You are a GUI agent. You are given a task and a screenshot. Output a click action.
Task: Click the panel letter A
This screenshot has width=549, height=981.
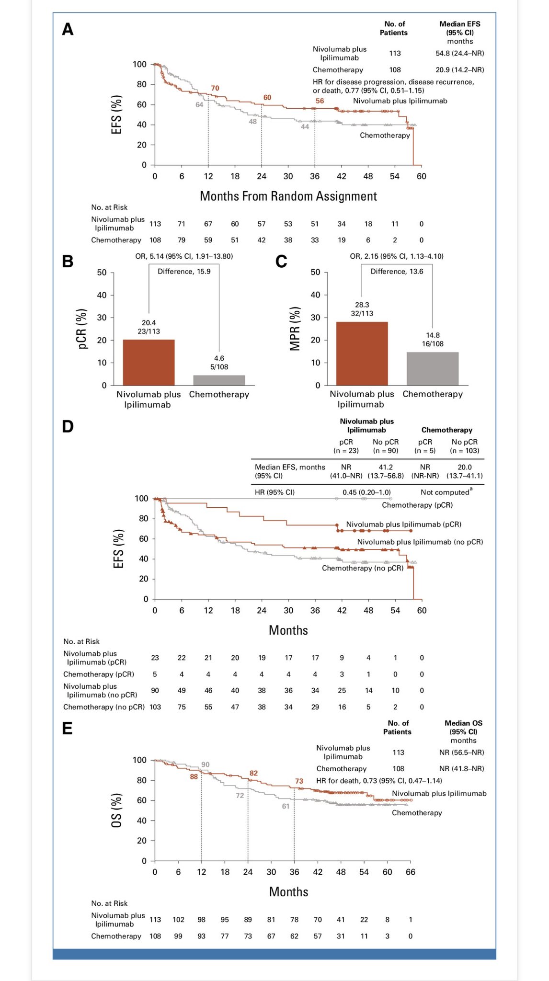(x=68, y=30)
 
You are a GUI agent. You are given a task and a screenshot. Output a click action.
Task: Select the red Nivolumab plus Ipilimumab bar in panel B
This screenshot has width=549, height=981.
(x=149, y=362)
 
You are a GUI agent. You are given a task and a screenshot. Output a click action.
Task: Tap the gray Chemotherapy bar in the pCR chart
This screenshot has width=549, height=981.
(x=219, y=380)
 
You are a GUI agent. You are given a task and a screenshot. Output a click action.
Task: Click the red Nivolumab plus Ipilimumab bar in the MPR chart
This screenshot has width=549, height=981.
(x=362, y=354)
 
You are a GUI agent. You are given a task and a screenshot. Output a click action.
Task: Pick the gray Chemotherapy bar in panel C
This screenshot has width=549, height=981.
(x=433, y=368)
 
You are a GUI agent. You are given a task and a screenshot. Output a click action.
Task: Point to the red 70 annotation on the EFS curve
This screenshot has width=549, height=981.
(x=215, y=88)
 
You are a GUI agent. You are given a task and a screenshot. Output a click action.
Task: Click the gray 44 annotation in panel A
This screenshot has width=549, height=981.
(x=305, y=127)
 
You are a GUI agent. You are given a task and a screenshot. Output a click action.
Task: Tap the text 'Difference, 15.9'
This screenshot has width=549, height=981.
(x=184, y=271)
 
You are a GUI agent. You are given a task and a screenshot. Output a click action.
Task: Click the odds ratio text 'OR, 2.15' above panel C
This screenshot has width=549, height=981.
(x=364, y=256)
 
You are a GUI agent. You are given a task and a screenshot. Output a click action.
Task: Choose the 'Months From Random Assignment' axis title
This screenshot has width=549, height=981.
(x=288, y=196)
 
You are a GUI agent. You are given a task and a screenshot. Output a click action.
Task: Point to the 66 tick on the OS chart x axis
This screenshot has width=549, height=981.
(x=411, y=872)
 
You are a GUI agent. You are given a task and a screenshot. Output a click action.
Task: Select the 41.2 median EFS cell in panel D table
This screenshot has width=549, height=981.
(x=386, y=467)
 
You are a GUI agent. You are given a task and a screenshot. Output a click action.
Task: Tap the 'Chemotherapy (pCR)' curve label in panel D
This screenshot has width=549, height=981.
(x=417, y=505)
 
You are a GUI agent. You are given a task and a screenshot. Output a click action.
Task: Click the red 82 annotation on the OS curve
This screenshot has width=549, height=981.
(x=253, y=773)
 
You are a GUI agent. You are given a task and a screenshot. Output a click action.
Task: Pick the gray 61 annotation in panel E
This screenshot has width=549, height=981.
(x=286, y=806)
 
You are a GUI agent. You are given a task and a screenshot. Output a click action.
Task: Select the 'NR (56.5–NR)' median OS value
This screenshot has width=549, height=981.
(x=461, y=753)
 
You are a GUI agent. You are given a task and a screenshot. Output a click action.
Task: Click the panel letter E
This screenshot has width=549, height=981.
(x=67, y=729)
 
